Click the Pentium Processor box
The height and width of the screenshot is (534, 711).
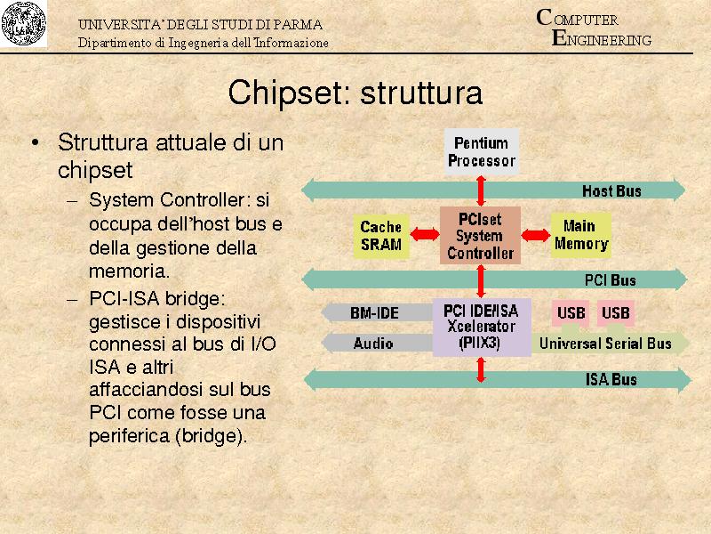pos(481,151)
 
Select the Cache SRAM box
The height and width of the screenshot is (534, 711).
pos(381,236)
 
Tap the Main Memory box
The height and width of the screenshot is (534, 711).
pos(580,235)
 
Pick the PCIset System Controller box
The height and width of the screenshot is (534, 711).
pos(480,236)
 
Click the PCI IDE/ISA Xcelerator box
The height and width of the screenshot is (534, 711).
pos(481,327)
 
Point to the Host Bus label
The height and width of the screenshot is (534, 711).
pos(611,190)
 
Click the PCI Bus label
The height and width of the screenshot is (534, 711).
pos(611,280)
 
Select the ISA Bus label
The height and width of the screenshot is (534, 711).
pos(611,380)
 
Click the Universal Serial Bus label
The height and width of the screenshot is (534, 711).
pos(605,343)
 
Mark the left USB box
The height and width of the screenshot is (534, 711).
pos(571,313)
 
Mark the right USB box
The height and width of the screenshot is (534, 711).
pos(615,313)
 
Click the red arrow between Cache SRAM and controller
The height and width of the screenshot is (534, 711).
pos(424,235)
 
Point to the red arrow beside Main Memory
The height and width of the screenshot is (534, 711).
pos(535,235)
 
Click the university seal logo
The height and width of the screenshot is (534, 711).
pos(24,24)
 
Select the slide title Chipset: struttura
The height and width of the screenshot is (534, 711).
pos(355,93)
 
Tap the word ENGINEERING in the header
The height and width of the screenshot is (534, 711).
pos(602,40)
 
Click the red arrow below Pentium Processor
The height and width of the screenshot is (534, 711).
pos(481,190)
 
